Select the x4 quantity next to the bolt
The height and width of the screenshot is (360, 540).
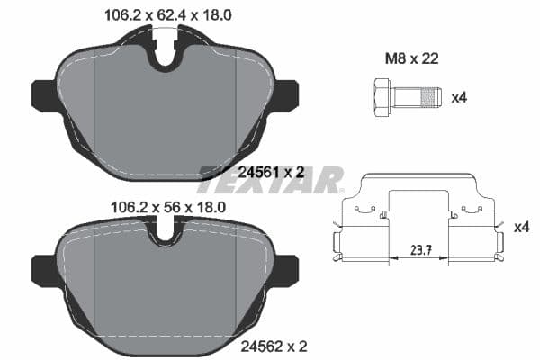(x=459, y=94)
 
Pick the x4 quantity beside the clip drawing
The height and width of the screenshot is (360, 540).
(x=520, y=228)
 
